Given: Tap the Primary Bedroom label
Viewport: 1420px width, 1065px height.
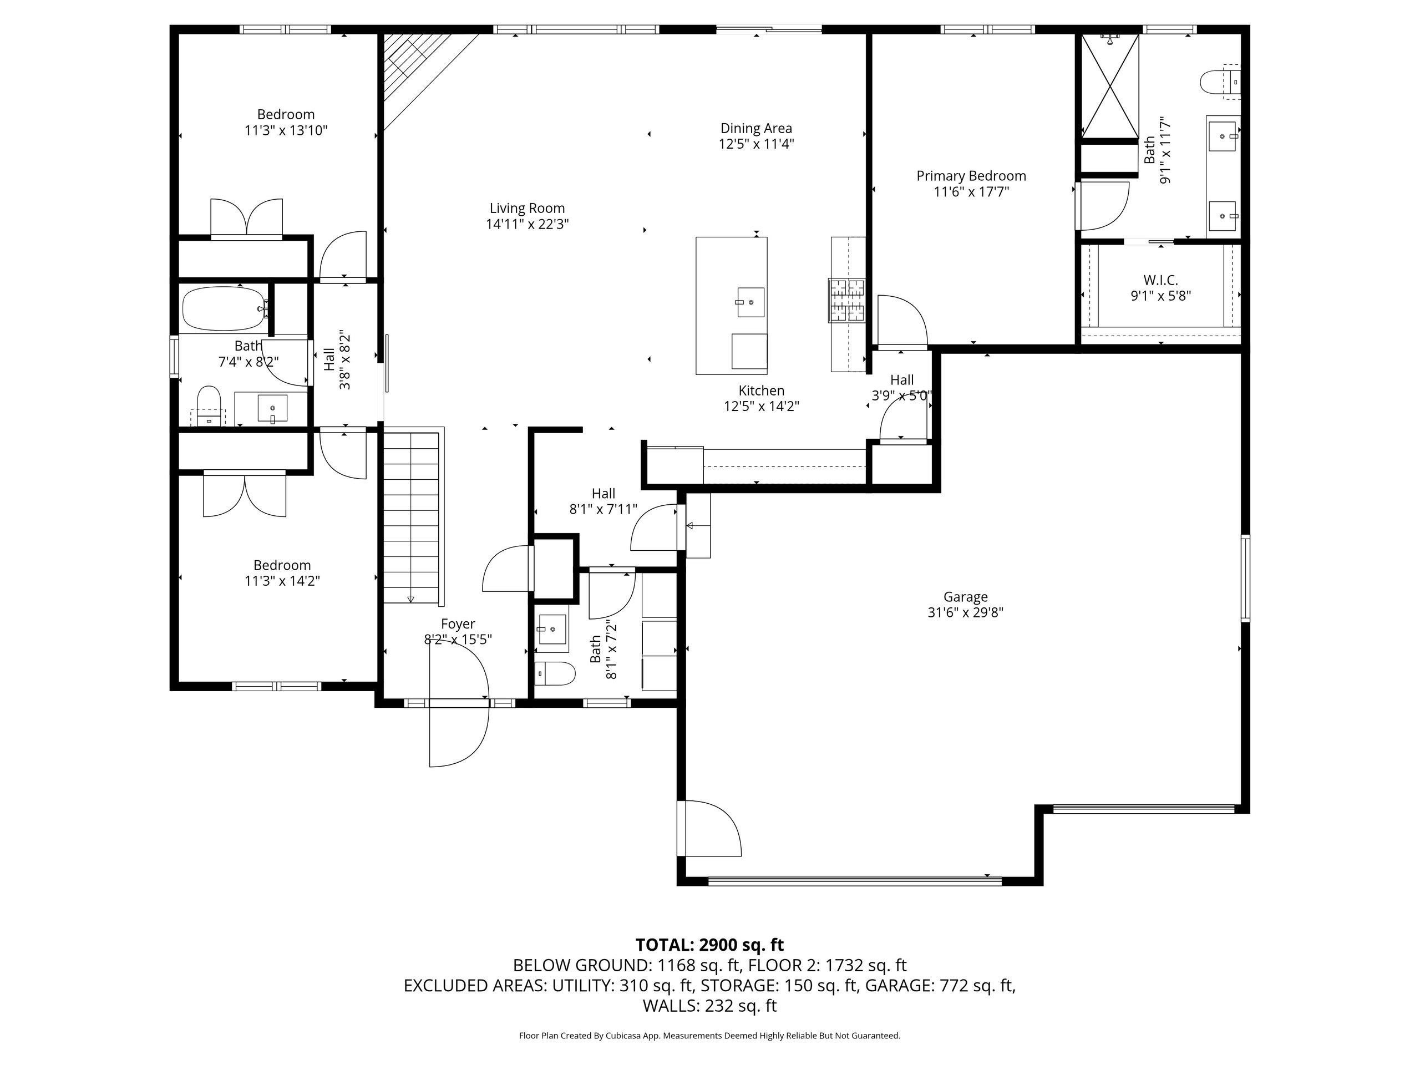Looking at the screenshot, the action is [971, 176].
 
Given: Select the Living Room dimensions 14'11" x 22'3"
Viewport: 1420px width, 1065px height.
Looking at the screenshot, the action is [527, 224].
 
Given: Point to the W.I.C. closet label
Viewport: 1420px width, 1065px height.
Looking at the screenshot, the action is [1160, 280].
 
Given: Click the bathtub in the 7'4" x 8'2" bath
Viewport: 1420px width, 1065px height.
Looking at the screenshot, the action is [224, 309].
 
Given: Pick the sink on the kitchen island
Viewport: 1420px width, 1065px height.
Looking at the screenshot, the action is [750, 302].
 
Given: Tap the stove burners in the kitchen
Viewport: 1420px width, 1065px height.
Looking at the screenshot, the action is [847, 300].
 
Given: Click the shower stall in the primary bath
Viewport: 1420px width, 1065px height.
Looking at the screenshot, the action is [1110, 86].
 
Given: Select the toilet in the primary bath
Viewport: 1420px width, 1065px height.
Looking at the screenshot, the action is [1220, 82].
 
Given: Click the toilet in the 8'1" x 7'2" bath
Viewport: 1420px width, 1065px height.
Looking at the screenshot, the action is [555, 673].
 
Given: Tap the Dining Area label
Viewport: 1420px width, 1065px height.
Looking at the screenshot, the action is [756, 128].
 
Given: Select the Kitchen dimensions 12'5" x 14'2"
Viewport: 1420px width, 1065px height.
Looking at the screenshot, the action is [762, 407].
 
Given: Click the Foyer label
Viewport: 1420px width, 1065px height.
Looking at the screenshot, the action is [458, 624].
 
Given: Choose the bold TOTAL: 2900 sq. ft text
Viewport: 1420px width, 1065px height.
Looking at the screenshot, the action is [709, 945].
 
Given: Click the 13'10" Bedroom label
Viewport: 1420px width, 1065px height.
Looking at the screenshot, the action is [286, 114].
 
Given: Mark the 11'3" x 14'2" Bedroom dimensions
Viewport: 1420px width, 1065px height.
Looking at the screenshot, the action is [282, 581].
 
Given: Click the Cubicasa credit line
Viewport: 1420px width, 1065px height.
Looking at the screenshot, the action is [709, 1036].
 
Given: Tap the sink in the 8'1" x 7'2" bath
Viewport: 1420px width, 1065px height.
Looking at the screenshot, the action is [552, 629].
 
